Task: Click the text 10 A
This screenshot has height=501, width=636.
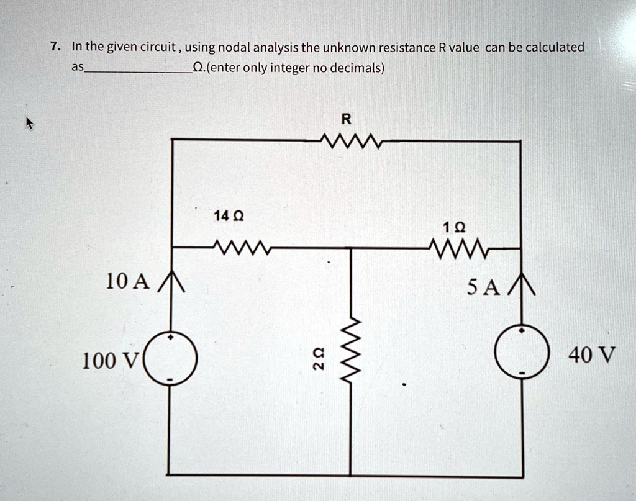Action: tap(127, 282)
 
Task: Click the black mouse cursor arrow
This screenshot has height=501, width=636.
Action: tap(29, 124)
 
